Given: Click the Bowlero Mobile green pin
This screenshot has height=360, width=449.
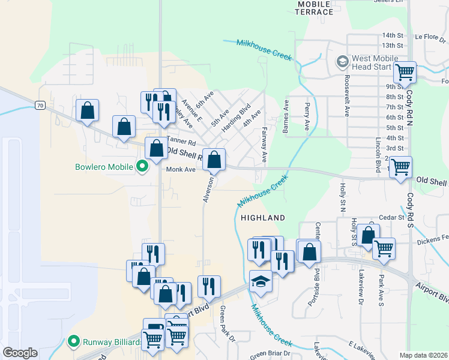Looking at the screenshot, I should [142, 166].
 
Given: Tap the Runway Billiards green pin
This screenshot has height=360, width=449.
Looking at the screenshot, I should [74, 342].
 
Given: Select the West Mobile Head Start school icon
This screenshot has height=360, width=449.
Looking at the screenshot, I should [342, 61].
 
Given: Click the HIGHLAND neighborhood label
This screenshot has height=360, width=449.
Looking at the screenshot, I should [262, 217].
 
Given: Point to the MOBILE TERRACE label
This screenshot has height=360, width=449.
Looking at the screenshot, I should [315, 8].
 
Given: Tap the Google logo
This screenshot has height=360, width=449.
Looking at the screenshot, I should [20, 353].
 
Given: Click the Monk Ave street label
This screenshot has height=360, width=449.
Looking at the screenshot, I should [181, 170].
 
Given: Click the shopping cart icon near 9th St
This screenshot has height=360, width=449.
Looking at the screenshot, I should [405, 73].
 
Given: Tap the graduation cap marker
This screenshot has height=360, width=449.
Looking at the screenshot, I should [261, 281].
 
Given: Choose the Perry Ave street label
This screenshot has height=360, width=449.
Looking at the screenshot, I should [306, 116].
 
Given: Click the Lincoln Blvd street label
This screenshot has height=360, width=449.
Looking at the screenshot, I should [378, 154].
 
